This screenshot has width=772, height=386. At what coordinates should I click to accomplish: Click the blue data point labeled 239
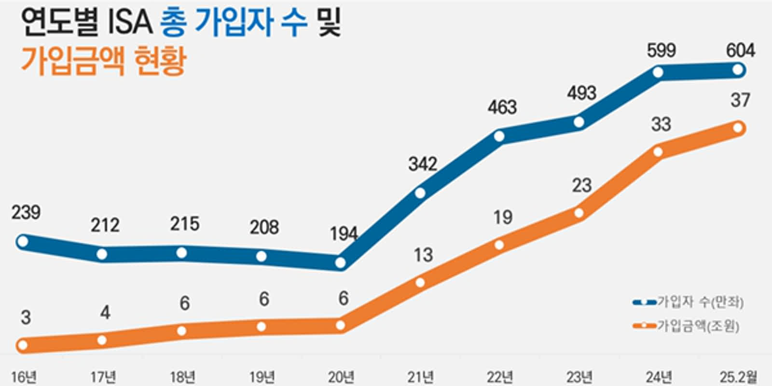point(22,241)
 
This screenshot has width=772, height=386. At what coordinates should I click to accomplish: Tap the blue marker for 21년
point(420,193)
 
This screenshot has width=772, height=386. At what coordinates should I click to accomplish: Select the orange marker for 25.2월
point(738,128)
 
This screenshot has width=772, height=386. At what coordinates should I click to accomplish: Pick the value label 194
point(344,234)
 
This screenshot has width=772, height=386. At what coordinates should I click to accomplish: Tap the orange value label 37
point(740,100)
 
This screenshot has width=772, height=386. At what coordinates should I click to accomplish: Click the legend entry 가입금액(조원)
point(698,327)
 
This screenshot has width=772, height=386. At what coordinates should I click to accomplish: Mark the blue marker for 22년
point(499,137)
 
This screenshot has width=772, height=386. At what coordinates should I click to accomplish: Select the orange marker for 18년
point(181,331)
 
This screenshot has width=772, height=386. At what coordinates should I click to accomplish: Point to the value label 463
point(502,107)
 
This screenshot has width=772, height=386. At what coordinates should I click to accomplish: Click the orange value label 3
point(26,317)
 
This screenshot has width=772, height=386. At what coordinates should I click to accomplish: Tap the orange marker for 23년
point(579,213)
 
